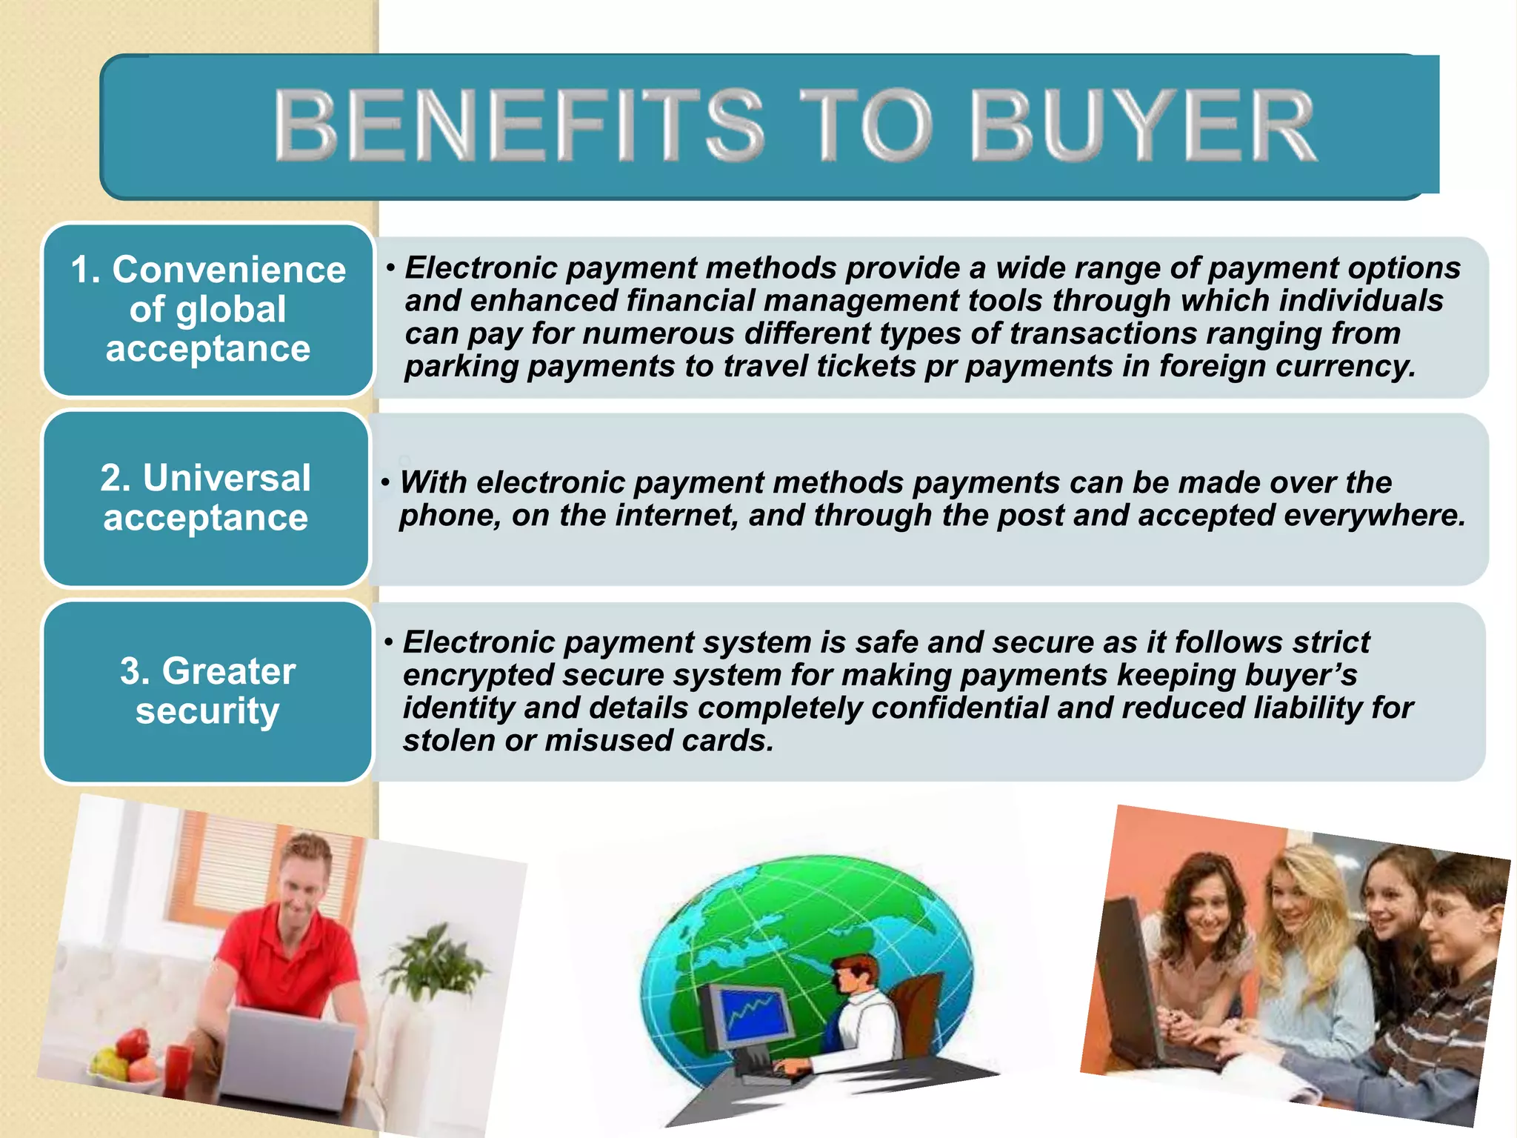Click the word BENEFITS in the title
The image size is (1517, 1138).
pos(519,124)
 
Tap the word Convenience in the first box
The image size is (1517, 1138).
pos(228,270)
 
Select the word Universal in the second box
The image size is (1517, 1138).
pos(227,478)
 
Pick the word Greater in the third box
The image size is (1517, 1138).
pos(228,671)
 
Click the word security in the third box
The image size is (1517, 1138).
pos(207,711)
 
